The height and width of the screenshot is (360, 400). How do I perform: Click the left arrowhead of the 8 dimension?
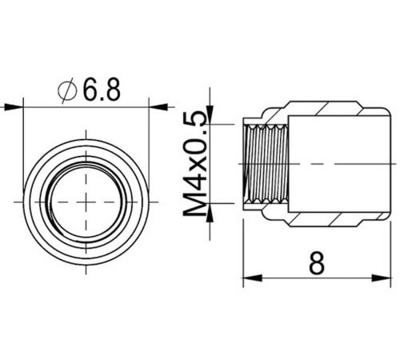pos(249,279)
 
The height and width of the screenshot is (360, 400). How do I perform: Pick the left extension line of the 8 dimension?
pos(242,248)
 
